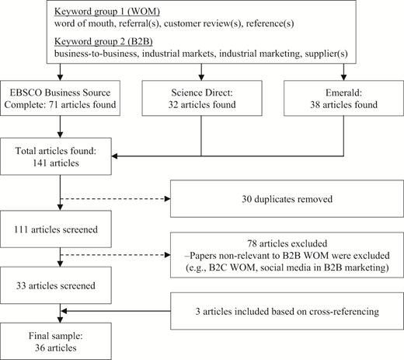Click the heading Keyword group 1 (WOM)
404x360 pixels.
click(107, 12)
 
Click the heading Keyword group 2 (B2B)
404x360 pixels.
click(103, 41)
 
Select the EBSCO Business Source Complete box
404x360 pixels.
click(60, 98)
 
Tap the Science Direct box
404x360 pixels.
click(202, 98)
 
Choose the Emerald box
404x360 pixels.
click(343, 98)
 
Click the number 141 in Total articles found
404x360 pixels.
click(39, 163)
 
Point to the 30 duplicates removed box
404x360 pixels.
click(287, 199)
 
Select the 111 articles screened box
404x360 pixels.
click(56, 229)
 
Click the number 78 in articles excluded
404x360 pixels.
click(252, 243)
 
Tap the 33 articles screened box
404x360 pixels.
click(56, 285)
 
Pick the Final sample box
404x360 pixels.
click(56, 341)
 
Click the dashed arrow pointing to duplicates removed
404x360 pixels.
click(115, 199)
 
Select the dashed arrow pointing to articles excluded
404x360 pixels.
click(115, 255)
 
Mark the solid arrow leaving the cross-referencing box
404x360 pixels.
click(116, 311)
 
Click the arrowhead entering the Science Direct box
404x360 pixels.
click(201, 77)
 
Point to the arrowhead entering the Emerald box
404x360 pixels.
click(343, 77)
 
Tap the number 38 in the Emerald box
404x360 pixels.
click(315, 105)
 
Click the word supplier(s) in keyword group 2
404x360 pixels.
click(326, 54)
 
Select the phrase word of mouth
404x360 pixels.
click(84, 23)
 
